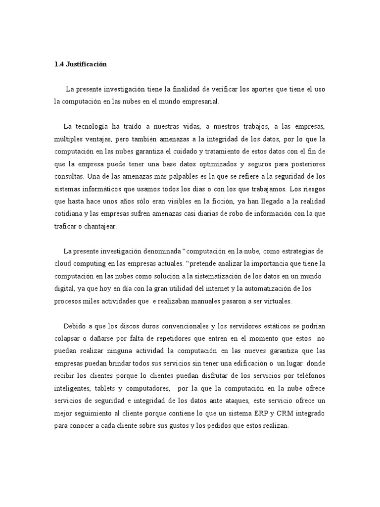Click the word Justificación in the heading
click(x=87, y=64)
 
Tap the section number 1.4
click(x=59, y=64)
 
